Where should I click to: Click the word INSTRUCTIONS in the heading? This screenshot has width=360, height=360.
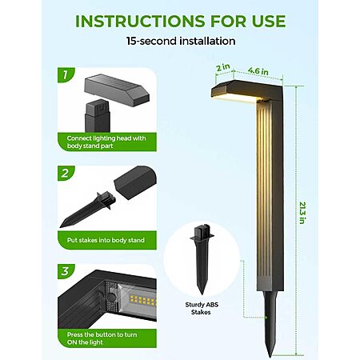(x=140, y=21)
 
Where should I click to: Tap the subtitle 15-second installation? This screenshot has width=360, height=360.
(x=181, y=41)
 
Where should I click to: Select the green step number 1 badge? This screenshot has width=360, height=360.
(x=66, y=75)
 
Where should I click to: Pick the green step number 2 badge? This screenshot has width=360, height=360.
(x=66, y=174)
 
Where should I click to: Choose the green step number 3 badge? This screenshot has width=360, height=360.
(x=66, y=271)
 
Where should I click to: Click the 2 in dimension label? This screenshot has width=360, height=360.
(x=223, y=67)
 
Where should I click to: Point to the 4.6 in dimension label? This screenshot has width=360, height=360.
(x=258, y=70)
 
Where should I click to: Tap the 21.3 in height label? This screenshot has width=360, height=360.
(x=302, y=213)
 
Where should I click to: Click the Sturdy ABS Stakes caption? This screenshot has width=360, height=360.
(x=202, y=308)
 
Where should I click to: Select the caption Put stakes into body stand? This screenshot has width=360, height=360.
(x=106, y=240)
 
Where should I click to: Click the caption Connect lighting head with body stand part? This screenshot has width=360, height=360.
(x=106, y=142)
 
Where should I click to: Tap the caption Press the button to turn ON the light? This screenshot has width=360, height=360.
(x=102, y=338)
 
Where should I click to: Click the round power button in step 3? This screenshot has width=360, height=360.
(x=112, y=297)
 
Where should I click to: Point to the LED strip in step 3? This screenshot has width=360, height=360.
(x=142, y=300)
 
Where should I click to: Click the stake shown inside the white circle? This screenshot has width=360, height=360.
(x=202, y=259)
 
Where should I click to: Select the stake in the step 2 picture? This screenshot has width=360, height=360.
(x=88, y=209)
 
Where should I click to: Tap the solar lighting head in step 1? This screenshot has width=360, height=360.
(x=117, y=90)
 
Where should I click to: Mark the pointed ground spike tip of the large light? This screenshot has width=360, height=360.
(x=270, y=357)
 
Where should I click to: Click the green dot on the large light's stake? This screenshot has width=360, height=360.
(x=266, y=318)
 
